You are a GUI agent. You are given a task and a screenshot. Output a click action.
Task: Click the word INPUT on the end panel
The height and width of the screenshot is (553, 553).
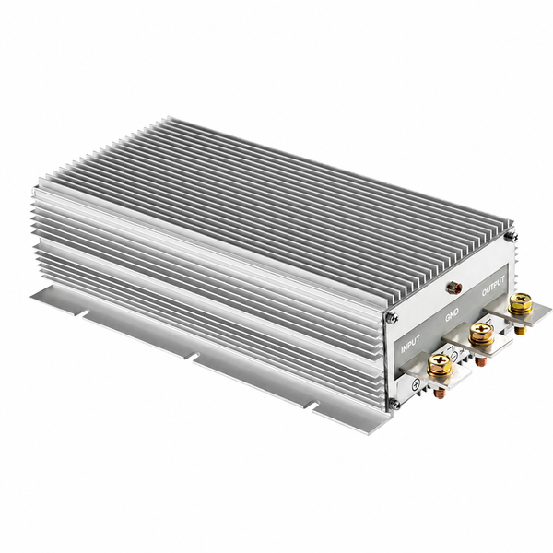pos(411,343)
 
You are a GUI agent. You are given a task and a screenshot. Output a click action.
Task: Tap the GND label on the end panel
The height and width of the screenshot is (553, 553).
pos(452,314)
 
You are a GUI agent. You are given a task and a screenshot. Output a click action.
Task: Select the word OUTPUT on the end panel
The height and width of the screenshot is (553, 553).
pos(493,285)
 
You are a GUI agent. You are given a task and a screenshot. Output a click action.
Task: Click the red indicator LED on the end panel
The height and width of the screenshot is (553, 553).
pos(452,288)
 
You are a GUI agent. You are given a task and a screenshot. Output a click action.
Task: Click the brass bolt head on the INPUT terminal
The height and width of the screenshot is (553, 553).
pos(440,364)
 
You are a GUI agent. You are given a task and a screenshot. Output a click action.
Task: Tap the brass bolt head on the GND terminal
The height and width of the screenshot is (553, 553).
pos(481,334)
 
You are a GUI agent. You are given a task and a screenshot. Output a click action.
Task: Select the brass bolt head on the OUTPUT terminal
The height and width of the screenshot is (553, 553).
pos(521,303)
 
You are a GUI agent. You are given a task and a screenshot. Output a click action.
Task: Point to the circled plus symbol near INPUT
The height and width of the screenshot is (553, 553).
pos(416,383)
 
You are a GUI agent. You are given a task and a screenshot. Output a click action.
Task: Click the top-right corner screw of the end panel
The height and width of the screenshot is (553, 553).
pos(510,237)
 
